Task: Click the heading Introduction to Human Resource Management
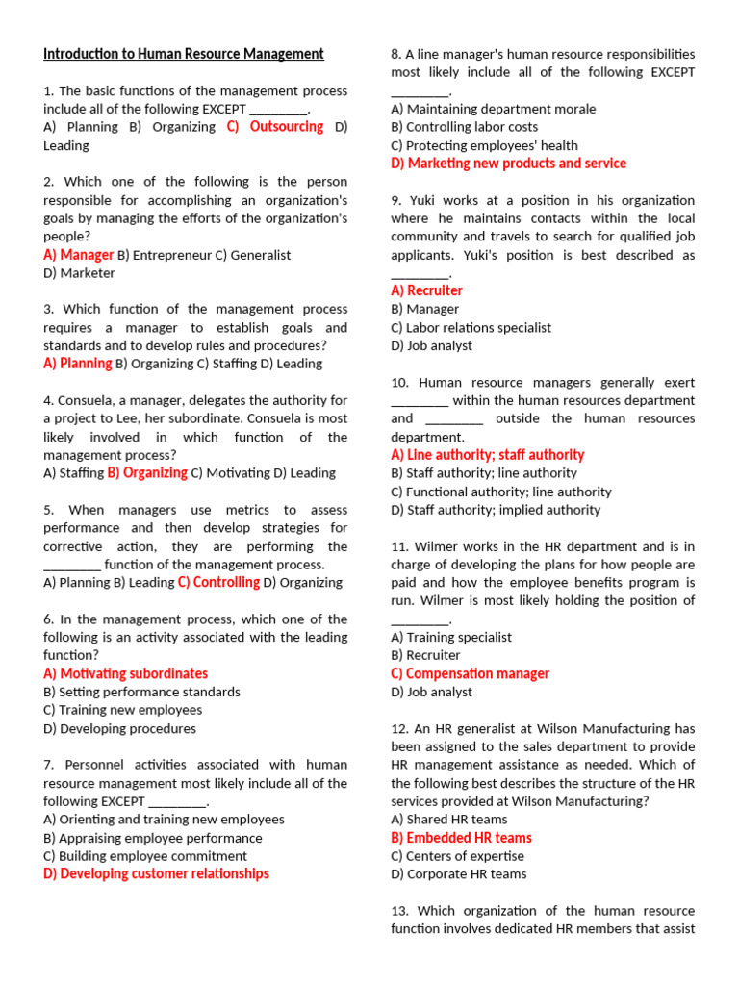[184, 54]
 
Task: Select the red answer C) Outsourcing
[275, 127]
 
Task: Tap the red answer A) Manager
[78, 255]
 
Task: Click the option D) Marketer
[79, 273]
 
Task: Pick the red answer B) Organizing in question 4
[147, 473]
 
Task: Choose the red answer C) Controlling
[218, 582]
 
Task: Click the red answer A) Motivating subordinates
[125, 673]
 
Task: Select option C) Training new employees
[122, 710]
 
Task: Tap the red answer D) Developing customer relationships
[156, 873]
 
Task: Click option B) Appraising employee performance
[152, 838]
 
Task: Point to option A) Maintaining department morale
[493, 109]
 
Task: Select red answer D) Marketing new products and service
[508, 164]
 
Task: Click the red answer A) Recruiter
[426, 290]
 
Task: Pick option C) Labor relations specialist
[471, 327]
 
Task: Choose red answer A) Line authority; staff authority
[487, 455]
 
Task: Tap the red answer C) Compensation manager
[470, 673]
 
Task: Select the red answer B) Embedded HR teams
[461, 838]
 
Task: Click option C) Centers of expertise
[457, 856]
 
